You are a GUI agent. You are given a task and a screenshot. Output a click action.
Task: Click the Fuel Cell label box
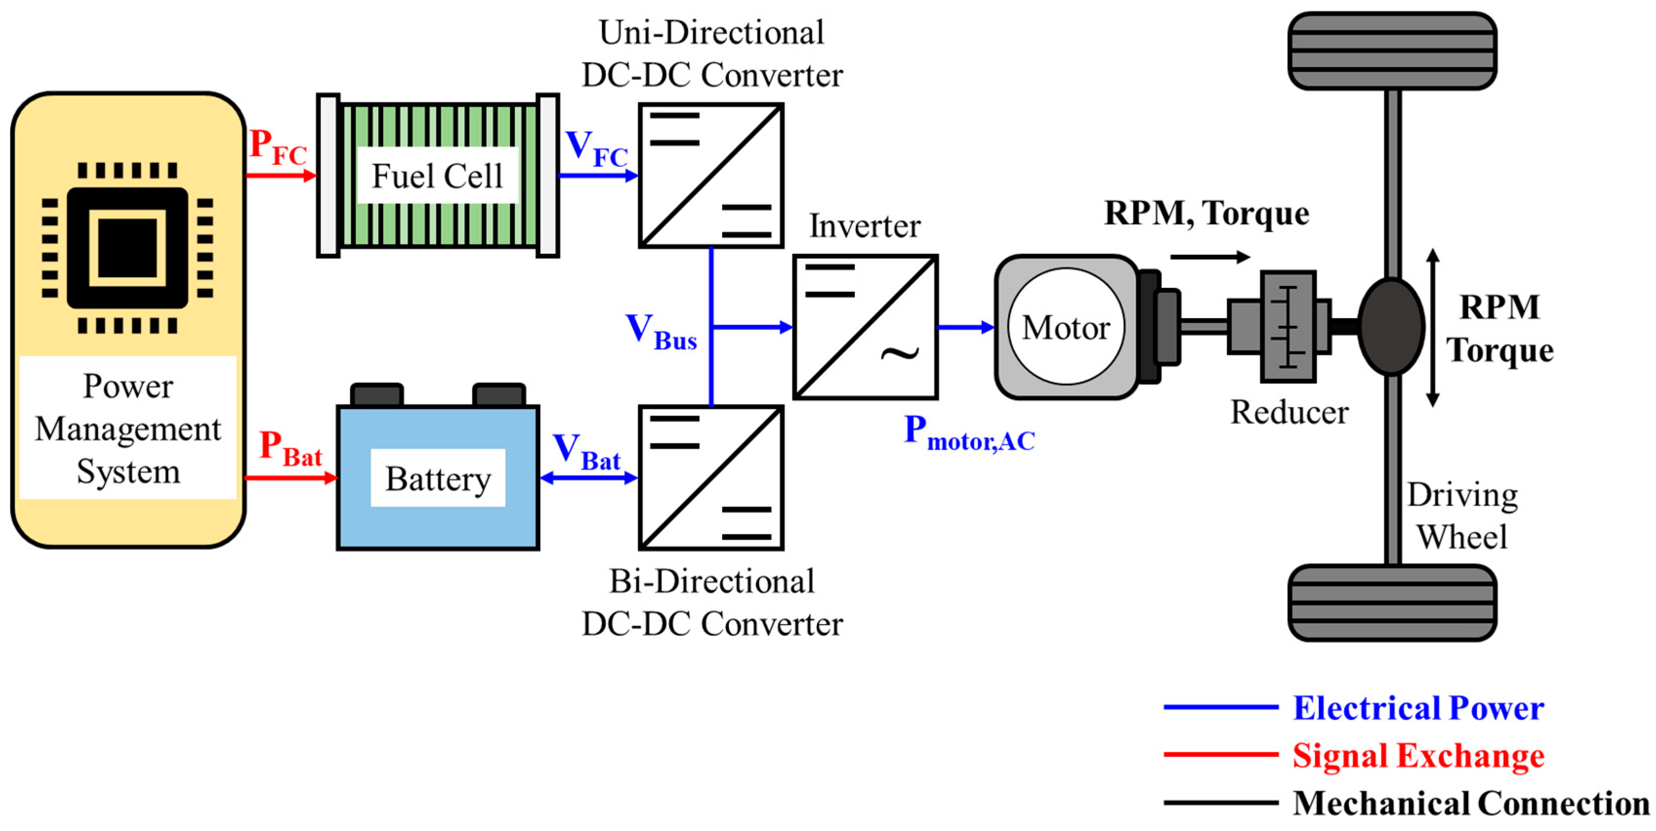(x=437, y=176)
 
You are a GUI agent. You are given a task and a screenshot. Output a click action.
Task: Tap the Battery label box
(x=438, y=478)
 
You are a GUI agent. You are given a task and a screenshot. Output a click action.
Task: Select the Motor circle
(x=1066, y=327)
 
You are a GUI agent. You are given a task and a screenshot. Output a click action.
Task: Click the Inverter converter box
(x=865, y=327)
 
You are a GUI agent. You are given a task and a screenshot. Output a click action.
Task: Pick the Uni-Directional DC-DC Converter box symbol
(x=711, y=176)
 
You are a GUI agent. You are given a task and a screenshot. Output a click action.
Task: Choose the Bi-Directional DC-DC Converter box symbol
(x=711, y=478)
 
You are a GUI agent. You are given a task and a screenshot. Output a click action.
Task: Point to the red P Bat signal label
(x=290, y=448)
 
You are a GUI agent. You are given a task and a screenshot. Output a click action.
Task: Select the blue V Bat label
(x=586, y=452)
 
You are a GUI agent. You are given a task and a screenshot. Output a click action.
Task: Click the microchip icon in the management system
(x=127, y=248)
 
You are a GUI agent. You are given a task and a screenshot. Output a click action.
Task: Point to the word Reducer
(x=1289, y=412)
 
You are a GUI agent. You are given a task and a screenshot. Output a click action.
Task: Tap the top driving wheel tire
(x=1392, y=51)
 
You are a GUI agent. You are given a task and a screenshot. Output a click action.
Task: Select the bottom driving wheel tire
(x=1392, y=602)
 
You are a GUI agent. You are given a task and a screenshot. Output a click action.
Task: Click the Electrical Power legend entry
(x=1417, y=708)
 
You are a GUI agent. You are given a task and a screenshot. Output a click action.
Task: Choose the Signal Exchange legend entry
(x=1417, y=755)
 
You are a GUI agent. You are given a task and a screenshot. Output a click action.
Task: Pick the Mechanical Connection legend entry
(x=1470, y=803)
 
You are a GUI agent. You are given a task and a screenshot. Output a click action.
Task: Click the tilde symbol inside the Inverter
(x=899, y=353)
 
